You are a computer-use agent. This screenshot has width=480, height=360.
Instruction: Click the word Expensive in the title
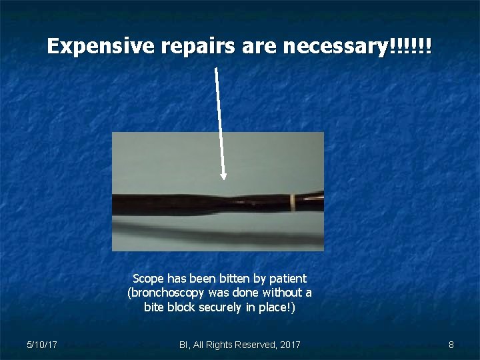101,47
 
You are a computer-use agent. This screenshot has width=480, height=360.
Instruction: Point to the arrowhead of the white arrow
223,176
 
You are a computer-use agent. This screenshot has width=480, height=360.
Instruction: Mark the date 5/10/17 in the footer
41,345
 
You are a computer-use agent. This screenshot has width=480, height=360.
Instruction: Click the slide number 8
451,345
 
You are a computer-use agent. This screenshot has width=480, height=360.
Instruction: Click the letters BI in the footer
183,345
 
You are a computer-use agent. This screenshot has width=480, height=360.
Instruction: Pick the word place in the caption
279,307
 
